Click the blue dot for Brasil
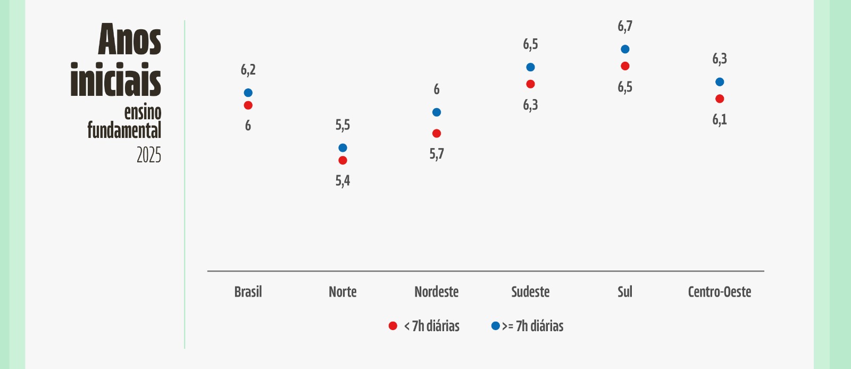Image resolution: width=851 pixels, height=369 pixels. (248, 93)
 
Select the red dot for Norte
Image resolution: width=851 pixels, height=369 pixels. (343, 160)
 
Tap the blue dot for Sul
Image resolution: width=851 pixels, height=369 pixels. (625, 49)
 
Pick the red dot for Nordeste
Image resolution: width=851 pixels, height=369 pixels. (437, 134)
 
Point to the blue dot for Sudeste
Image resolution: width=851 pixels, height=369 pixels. (530, 67)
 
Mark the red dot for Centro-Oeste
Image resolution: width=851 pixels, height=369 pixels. (720, 99)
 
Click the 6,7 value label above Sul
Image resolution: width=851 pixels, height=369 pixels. (625, 26)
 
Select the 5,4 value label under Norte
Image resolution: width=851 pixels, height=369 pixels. (343, 181)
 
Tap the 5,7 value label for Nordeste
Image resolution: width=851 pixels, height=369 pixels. (437, 154)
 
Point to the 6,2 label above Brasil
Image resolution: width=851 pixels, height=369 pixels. (248, 70)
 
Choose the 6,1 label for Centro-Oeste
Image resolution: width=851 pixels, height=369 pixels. (720, 119)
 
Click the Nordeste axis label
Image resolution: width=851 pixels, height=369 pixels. (437, 292)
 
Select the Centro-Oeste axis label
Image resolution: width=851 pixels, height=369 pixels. (720, 292)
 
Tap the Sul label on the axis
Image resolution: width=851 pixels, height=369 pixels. (625, 292)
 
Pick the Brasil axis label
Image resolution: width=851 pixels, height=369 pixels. (248, 292)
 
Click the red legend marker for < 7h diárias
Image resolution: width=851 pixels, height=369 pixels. (393, 326)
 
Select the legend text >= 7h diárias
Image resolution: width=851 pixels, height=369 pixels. (532, 326)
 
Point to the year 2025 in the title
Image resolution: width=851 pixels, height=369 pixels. (149, 155)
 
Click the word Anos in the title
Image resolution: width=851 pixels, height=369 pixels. (130, 39)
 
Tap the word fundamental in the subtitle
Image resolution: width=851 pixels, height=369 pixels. (124, 130)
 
